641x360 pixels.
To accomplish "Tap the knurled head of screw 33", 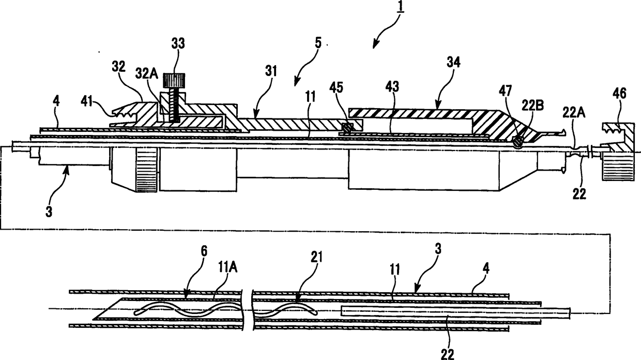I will coord(174,81).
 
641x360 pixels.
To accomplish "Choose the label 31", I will coord(271,71).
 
